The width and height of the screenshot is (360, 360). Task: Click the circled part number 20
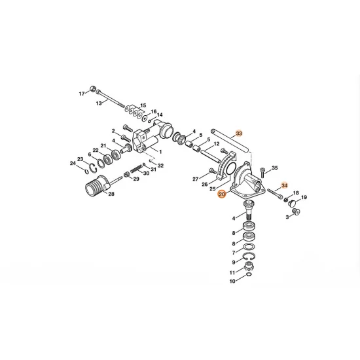click(222, 194)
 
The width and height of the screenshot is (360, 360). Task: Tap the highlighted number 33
click(239, 134)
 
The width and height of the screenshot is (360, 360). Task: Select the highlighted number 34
click(284, 185)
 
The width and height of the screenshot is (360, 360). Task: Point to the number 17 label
click(82, 94)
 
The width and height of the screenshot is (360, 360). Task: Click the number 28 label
click(111, 194)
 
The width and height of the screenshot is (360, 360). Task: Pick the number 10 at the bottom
click(232, 281)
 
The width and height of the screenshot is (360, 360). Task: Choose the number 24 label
click(73, 163)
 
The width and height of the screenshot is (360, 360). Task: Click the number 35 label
click(275, 168)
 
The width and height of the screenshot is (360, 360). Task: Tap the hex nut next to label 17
click(92, 88)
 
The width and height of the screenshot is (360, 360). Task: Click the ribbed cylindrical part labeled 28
click(96, 186)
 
